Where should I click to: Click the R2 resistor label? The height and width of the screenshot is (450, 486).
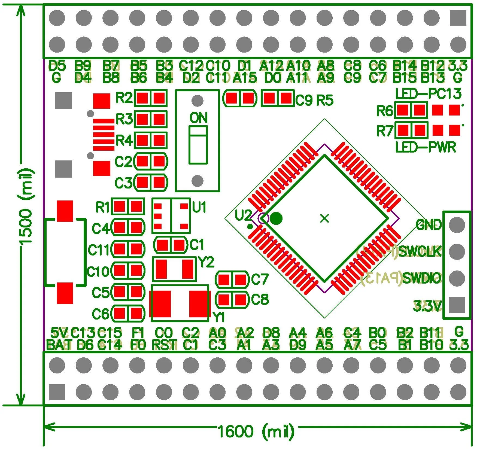click(x=124, y=98)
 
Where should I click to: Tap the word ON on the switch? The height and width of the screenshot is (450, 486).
click(x=198, y=118)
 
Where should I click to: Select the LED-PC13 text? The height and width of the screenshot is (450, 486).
click(x=428, y=94)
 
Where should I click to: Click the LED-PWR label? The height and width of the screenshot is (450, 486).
click(x=426, y=147)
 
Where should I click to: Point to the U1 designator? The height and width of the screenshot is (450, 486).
click(x=199, y=208)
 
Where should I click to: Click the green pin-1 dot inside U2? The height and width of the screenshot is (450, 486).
click(x=277, y=218)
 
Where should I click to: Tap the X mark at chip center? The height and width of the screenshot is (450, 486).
click(x=324, y=218)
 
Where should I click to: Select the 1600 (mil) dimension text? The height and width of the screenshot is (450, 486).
click(x=256, y=431)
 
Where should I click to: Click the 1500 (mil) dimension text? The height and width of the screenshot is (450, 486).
click(x=26, y=207)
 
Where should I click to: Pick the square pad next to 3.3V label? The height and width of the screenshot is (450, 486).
click(x=457, y=305)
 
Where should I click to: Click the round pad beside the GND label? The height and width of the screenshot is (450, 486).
click(x=457, y=225)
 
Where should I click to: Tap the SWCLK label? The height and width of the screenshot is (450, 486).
click(x=420, y=251)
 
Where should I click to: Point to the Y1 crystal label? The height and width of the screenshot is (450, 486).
click(x=219, y=317)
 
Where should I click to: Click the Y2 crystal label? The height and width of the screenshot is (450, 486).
click(x=206, y=263)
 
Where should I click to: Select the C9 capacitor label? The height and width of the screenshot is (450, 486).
click(x=304, y=101)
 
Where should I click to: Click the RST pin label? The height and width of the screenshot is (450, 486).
click(x=164, y=345)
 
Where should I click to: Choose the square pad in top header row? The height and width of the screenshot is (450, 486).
click(x=458, y=18)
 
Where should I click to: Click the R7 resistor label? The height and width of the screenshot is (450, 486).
click(x=385, y=131)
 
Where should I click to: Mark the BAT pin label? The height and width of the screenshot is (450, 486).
click(x=59, y=345)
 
